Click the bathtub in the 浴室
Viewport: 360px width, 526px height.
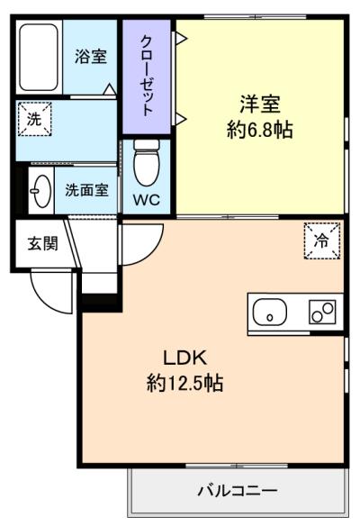(39, 57)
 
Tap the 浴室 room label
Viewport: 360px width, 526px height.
(91, 57)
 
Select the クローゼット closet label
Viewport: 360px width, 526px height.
(147, 75)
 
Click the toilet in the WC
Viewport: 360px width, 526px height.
(147, 162)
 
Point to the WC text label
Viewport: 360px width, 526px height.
(147, 200)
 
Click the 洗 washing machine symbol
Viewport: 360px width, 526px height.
(34, 119)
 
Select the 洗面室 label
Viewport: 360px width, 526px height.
(86, 190)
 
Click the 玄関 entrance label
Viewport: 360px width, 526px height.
(42, 243)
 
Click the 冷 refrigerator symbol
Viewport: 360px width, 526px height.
(322, 240)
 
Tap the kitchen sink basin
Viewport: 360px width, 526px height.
(270, 312)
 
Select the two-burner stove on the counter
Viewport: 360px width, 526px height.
(322, 312)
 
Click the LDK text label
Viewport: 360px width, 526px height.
(185, 358)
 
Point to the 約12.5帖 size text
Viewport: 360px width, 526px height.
(185, 383)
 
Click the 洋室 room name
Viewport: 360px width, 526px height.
(260, 104)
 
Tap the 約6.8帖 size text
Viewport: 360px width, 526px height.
(260, 130)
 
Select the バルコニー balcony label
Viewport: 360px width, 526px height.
(238, 491)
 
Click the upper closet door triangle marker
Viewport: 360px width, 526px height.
(181, 38)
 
